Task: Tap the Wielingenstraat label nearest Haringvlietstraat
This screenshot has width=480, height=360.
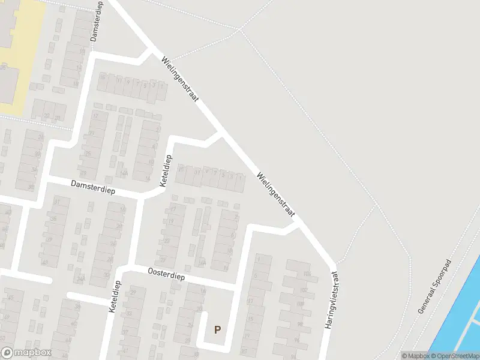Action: (275, 195)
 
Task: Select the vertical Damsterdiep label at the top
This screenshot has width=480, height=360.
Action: (96, 21)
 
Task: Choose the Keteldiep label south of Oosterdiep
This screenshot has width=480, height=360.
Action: (112, 298)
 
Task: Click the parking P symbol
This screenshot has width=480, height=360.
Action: (217, 329)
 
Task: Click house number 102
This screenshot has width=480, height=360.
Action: (304, 290)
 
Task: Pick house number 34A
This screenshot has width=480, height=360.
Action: (80, 278)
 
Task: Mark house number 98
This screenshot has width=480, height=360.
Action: (300, 323)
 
